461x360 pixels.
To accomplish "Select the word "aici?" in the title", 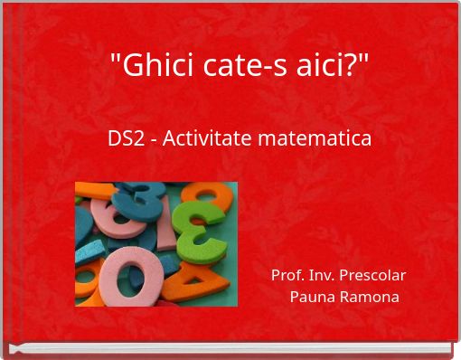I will tap(312, 66).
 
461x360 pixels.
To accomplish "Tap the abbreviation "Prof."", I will tap(287, 275).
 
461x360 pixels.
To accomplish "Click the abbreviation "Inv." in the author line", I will tap(321, 275).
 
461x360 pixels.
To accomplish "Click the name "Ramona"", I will tap(370, 297).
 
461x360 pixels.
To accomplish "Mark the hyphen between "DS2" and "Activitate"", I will tap(151, 141).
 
